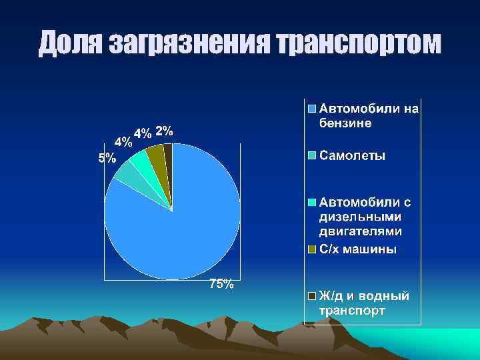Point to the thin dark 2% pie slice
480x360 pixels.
[168, 152]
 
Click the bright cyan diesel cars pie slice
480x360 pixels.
[140, 161]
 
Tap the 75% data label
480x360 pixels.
[221, 285]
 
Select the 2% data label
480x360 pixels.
[164, 131]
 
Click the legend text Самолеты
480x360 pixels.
[352, 156]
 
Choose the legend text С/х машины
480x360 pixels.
[357, 250]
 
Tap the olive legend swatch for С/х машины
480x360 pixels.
[311, 250]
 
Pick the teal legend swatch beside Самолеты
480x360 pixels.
[311, 156]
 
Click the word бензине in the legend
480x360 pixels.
[345, 123]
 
